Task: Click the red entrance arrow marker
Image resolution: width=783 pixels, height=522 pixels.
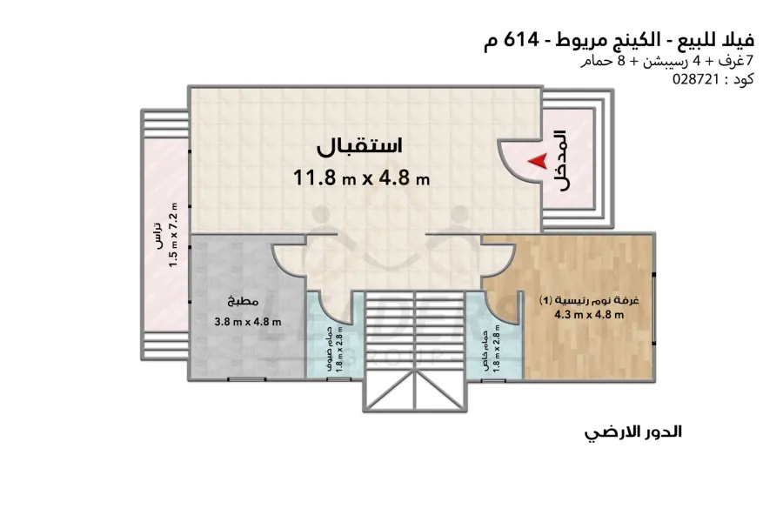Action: click(539, 160)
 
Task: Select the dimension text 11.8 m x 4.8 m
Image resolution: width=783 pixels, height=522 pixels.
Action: click(362, 178)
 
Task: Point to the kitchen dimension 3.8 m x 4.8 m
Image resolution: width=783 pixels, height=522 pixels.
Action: click(247, 321)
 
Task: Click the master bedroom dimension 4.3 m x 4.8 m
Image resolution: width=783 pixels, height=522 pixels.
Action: click(590, 315)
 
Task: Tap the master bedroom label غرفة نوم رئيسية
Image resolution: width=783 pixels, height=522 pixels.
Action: click(590, 300)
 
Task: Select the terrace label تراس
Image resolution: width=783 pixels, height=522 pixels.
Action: click(158, 237)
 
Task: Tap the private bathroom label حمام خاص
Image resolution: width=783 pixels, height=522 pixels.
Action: click(484, 348)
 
